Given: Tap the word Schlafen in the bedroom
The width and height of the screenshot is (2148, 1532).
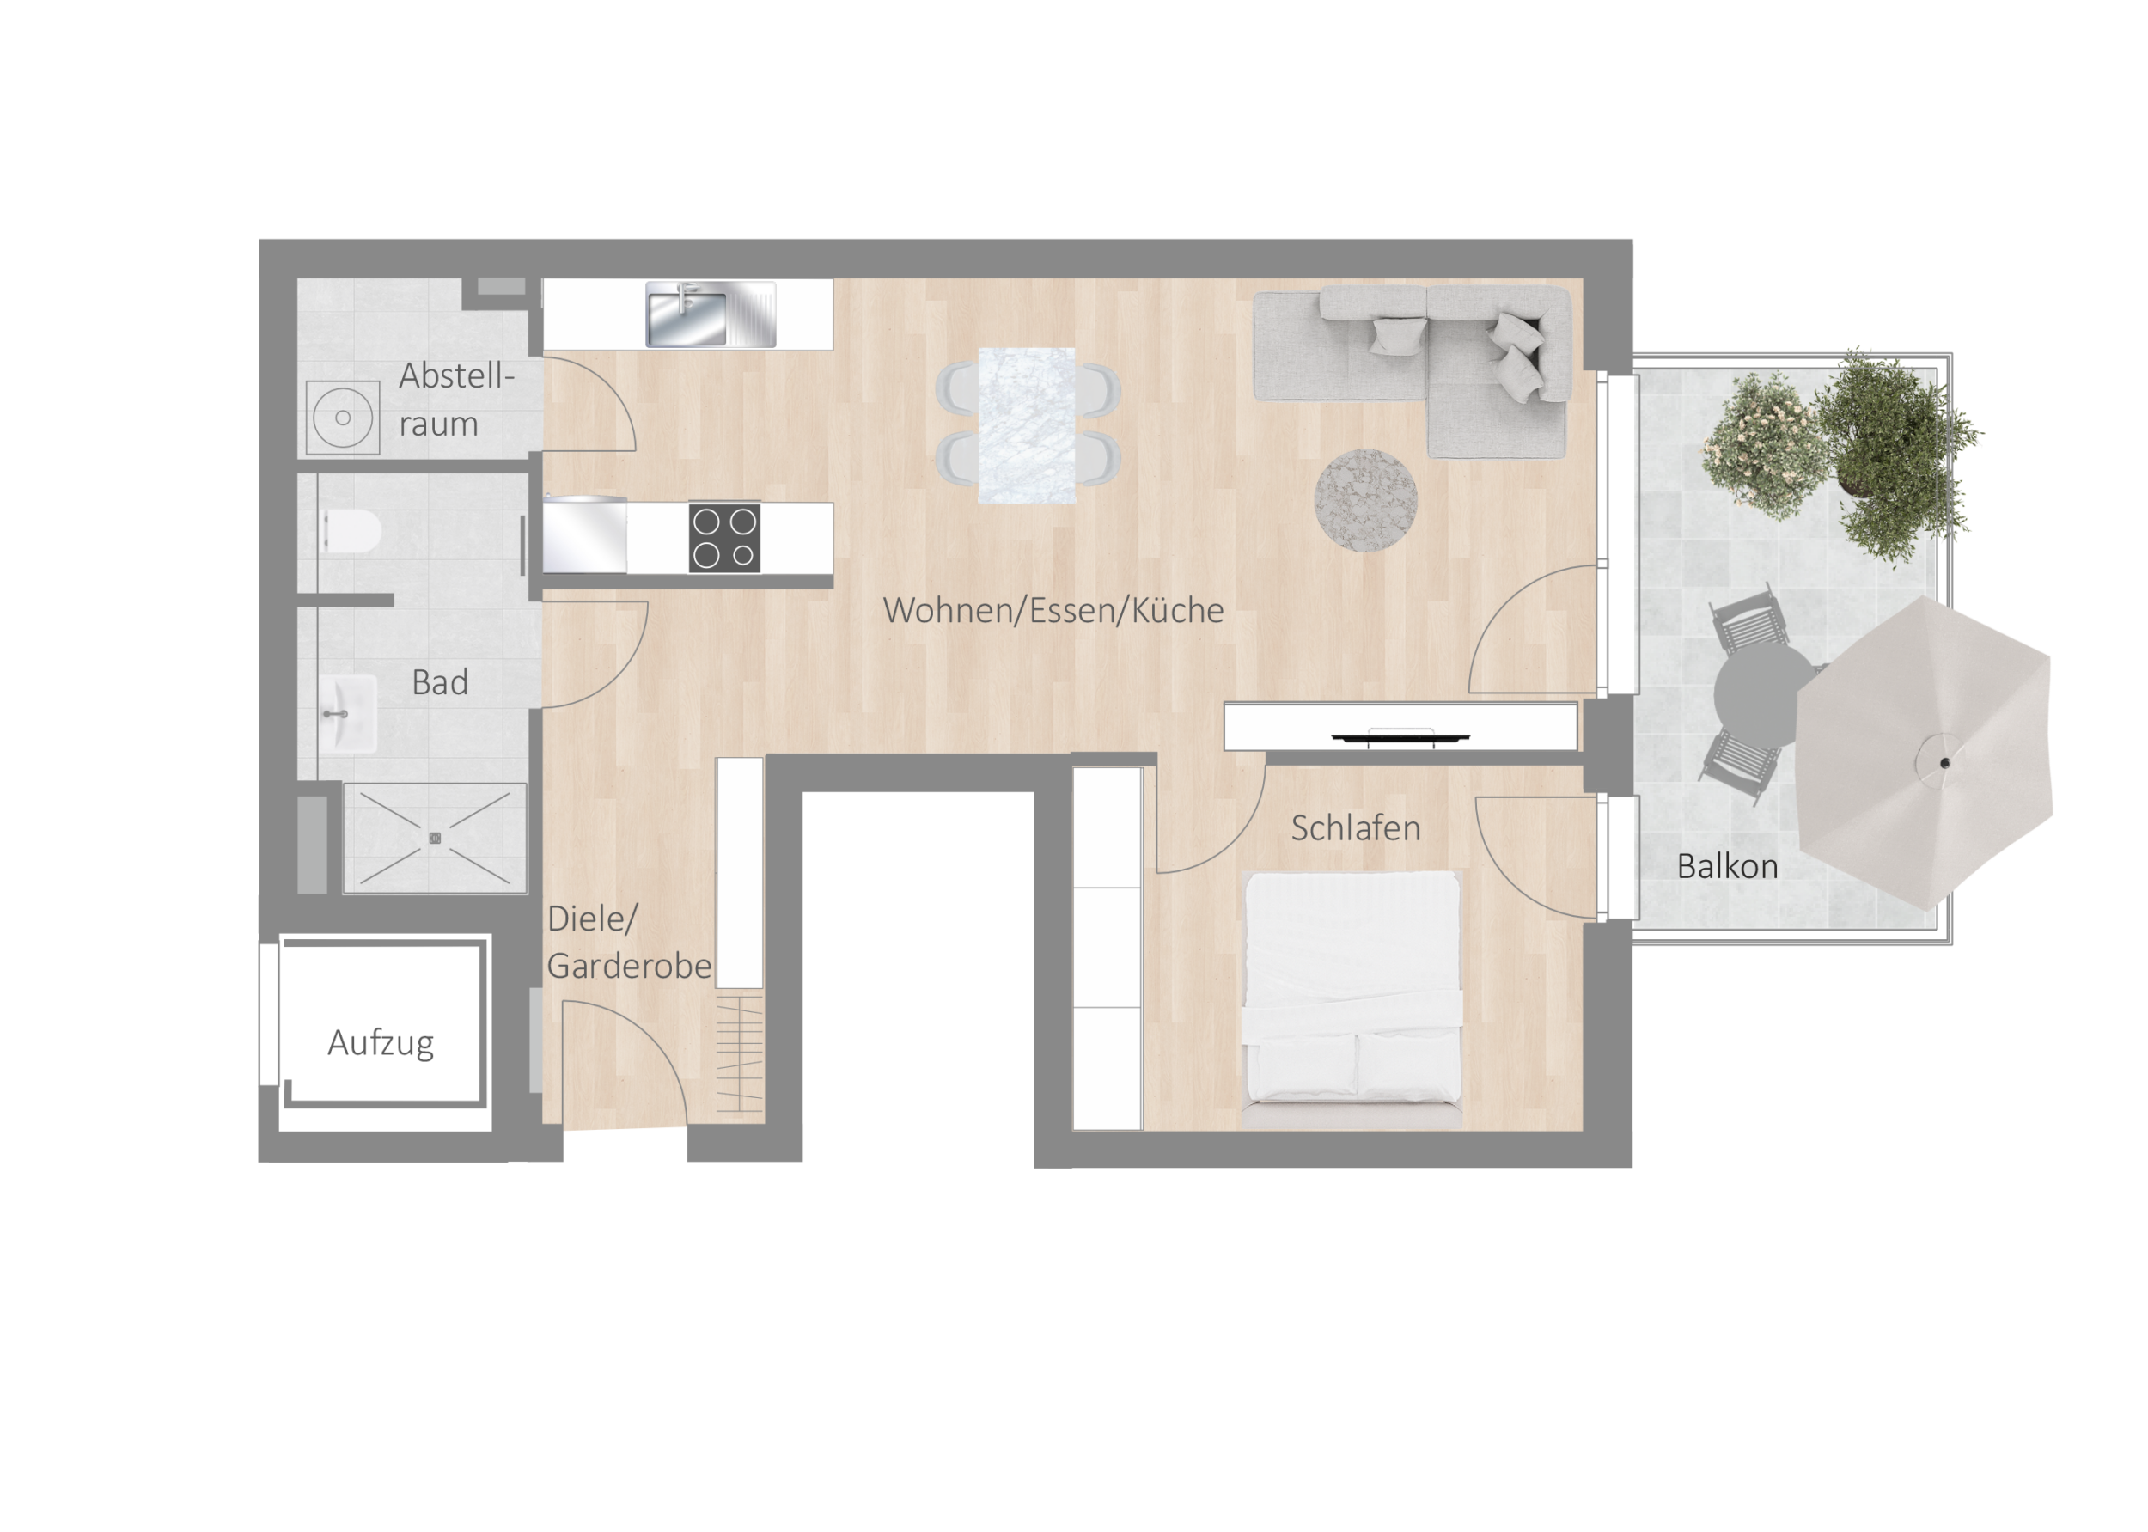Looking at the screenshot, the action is pos(1355,828).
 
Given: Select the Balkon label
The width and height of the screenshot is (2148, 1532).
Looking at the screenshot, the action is pos(1726,866).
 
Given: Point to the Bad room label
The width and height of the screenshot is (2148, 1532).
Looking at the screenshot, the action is pos(440,682).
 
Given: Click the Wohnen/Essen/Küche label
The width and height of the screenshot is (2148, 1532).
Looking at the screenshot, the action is pos(1053,610).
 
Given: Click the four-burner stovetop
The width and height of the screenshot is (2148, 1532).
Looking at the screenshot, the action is pos(724,538).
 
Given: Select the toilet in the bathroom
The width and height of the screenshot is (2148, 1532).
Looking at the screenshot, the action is pos(351,531).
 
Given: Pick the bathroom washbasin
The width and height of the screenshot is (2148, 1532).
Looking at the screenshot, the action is pos(347,714).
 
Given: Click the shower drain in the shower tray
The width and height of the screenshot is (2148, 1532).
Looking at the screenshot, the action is pos(435,838).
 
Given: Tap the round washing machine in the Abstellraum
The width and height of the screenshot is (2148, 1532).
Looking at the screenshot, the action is pos(343,417).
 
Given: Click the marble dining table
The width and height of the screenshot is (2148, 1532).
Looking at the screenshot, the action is pos(1027,425).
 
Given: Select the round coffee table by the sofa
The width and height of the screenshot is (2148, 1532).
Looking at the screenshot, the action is pos(1365,498).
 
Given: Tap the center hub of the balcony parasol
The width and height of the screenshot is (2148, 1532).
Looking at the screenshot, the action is pos(1945,762).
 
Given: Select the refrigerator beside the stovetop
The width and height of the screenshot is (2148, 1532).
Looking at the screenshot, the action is pos(585,535).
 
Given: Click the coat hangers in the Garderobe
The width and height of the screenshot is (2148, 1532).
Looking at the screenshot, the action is pos(740,1054).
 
